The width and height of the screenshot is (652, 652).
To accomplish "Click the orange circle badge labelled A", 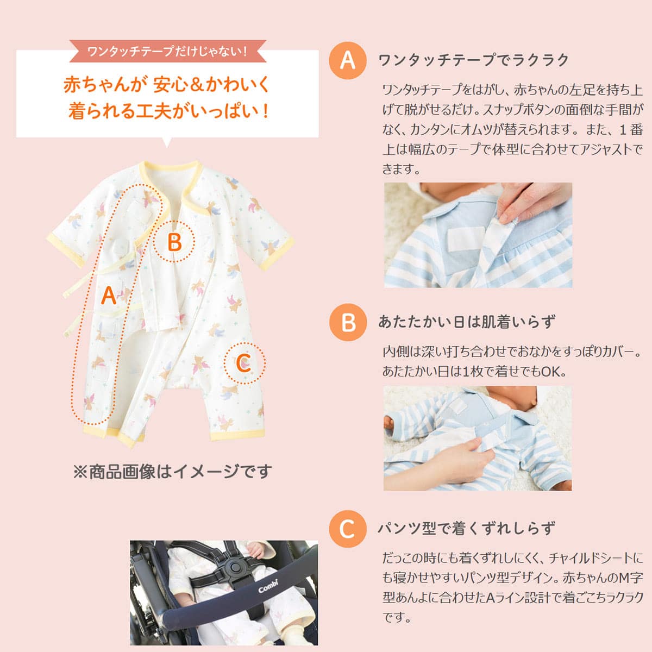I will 347,60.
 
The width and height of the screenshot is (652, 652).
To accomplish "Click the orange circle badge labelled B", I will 348,322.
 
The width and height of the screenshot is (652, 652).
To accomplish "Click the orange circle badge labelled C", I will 347,528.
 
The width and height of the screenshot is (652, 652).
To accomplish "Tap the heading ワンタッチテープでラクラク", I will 473,60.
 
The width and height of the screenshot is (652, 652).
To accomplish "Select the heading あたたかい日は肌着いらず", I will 467,322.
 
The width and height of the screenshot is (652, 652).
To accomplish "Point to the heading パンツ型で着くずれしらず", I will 467,528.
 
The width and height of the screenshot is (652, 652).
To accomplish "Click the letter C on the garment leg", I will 244,362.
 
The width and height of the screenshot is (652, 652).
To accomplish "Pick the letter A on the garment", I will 109,296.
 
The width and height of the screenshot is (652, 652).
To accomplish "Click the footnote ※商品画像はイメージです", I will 172,471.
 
